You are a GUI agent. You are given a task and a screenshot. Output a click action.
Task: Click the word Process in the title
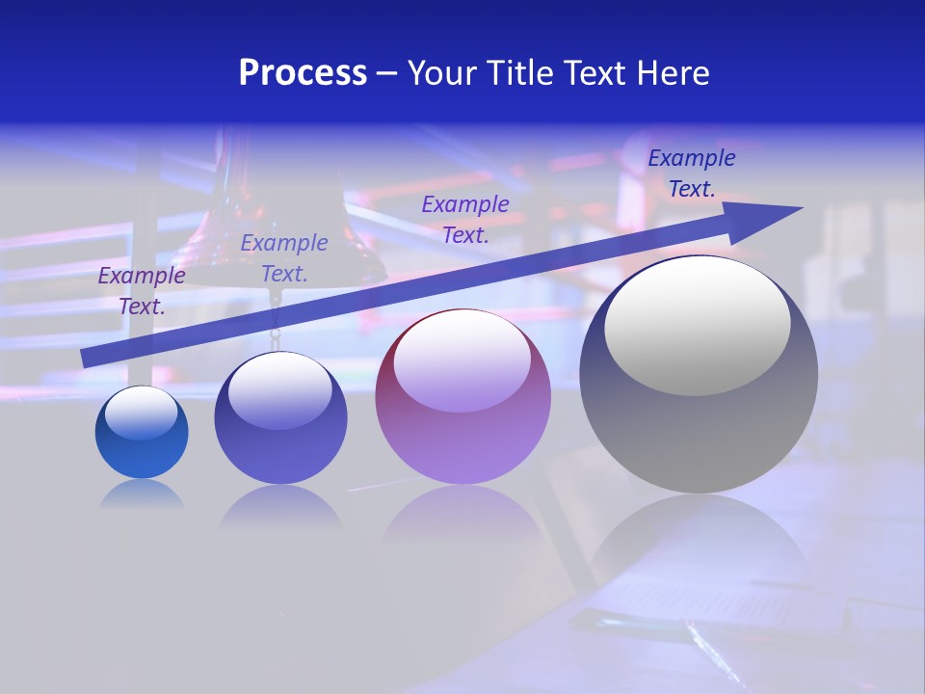303,73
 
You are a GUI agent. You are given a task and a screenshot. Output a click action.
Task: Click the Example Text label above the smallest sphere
142,290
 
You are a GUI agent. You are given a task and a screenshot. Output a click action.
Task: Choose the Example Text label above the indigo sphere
284,257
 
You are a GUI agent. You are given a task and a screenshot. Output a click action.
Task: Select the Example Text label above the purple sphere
465,219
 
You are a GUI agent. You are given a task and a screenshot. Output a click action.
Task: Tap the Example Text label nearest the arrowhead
692,173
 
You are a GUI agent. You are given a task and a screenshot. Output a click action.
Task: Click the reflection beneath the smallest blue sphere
142,495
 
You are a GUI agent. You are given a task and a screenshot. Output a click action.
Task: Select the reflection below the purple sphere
462,520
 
